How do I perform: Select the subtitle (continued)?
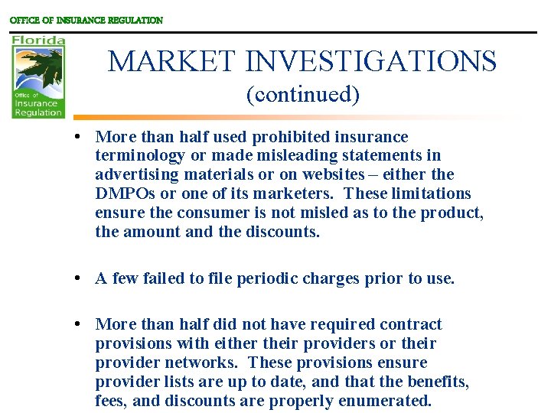(x=302, y=95)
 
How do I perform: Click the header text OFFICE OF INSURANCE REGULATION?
(x=86, y=21)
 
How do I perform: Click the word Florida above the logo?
(x=38, y=40)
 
